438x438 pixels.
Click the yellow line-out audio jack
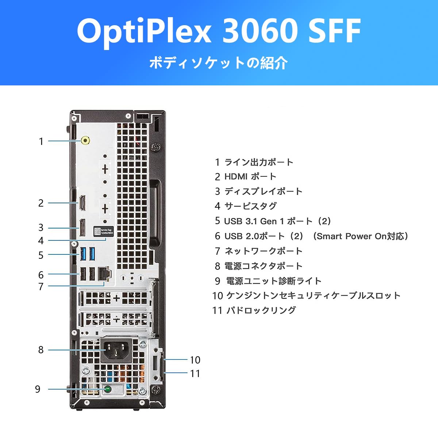pos(85,141)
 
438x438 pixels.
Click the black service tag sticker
pos(103,232)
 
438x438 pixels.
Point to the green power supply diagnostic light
pos(108,389)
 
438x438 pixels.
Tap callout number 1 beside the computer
pos(41,141)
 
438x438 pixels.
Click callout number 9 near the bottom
pos(38,389)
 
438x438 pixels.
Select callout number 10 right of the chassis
pos(195,360)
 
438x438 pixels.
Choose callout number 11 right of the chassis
pos(195,373)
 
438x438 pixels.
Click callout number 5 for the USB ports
pos(41,255)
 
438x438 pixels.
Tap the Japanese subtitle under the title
pos(219,63)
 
